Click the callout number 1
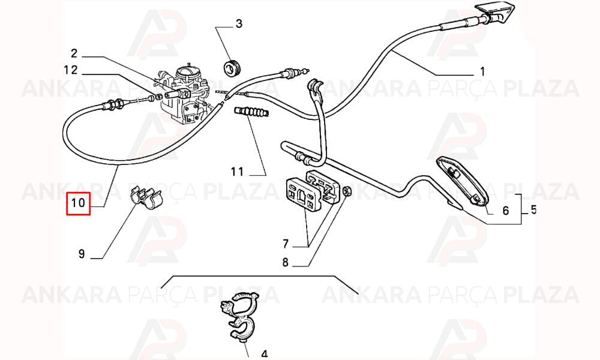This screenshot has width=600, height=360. pyautogui.click(x=482, y=71)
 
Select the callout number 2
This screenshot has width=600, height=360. pyautogui.click(x=74, y=53)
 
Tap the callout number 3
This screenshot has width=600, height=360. pyautogui.click(x=239, y=24)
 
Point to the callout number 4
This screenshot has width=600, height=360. pyautogui.click(x=265, y=354)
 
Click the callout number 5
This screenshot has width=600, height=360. pyautogui.click(x=533, y=209)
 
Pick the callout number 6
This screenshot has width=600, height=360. pyautogui.click(x=506, y=211)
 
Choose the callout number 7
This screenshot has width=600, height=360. pyautogui.click(x=286, y=244)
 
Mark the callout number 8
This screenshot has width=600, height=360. pyautogui.click(x=286, y=262)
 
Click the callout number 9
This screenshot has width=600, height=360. pyautogui.click(x=82, y=254)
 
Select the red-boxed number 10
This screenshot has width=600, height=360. pyautogui.click(x=78, y=203)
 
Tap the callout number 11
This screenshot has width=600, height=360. pyautogui.click(x=237, y=172)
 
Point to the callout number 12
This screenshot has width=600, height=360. pyautogui.click(x=71, y=70)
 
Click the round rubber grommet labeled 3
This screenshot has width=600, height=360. pyautogui.click(x=232, y=68)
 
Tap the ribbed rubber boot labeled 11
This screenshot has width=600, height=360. pyautogui.click(x=251, y=112)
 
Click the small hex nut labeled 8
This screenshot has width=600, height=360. pyautogui.click(x=346, y=191)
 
